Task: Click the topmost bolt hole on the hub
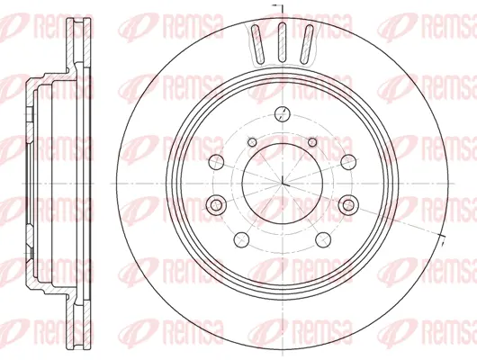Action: click(281, 113)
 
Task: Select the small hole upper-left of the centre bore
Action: click(256, 141)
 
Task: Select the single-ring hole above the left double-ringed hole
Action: click(218, 162)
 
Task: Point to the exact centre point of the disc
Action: click(282, 184)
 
